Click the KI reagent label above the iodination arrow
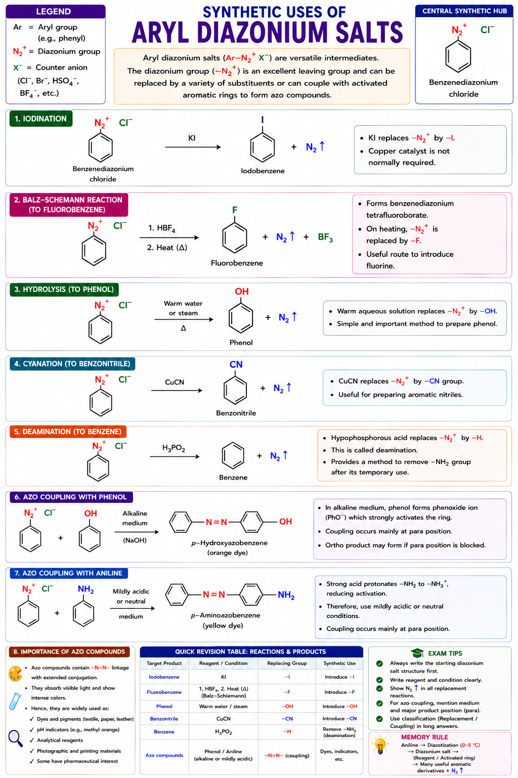[x=192, y=138]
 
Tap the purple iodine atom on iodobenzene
[x=263, y=120]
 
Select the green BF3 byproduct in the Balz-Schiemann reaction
[x=325, y=237]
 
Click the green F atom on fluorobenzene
[x=235, y=210]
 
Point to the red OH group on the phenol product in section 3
[x=242, y=291]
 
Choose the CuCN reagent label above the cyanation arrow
[x=175, y=382]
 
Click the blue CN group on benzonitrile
[x=236, y=364]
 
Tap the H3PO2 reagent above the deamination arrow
[x=174, y=448]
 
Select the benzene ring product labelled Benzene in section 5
[x=233, y=455]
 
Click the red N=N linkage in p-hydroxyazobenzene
[x=216, y=522]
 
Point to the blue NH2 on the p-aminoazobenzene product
[x=286, y=595]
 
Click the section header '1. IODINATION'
[x=40, y=119]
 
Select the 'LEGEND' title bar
[x=56, y=12]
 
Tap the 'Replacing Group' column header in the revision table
[x=287, y=663]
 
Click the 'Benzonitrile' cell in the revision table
[x=164, y=719]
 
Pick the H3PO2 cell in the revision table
[x=224, y=732]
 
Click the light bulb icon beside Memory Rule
[x=380, y=745]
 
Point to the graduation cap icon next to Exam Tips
[x=417, y=653]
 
